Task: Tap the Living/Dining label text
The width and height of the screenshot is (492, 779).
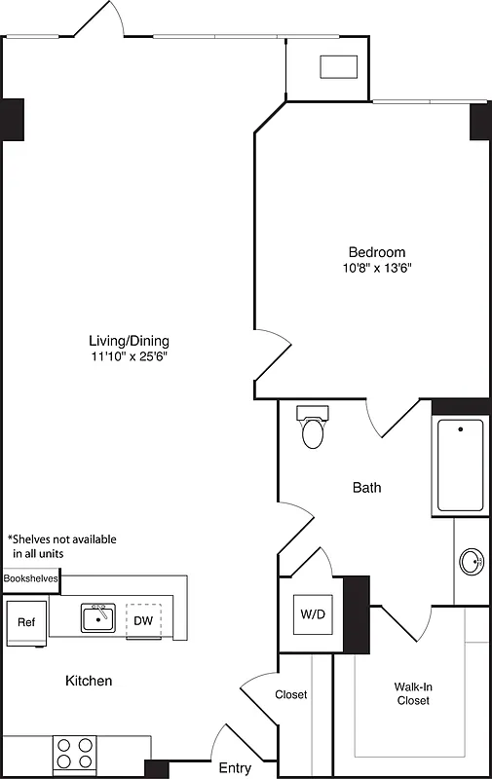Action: [129, 341]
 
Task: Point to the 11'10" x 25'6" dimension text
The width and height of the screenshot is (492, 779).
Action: [129, 356]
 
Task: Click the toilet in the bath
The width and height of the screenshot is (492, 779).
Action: [313, 427]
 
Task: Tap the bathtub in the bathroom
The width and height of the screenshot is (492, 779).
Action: [460, 464]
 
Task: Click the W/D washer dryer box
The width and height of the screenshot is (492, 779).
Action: [312, 614]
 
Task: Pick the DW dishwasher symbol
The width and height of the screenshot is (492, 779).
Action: [143, 620]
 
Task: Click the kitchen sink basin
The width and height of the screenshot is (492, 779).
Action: [97, 618]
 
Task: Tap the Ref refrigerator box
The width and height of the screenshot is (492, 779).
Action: [25, 622]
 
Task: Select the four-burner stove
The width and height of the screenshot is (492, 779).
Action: [74, 754]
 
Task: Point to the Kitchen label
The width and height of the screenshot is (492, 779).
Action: [89, 681]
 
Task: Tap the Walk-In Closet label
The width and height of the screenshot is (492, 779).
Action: [413, 693]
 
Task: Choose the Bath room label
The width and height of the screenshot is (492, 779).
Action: [367, 487]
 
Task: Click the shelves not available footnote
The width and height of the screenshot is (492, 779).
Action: [61, 545]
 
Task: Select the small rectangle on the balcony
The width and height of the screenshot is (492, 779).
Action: [337, 66]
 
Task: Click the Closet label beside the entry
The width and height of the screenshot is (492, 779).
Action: [291, 694]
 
